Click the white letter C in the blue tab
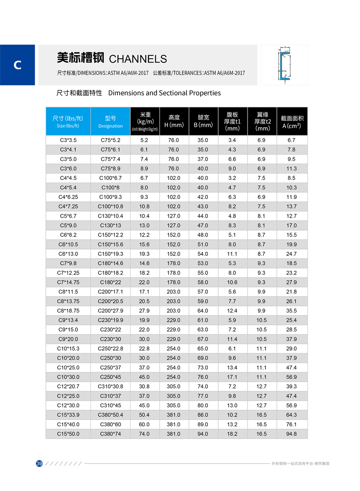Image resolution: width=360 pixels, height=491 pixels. (18, 65)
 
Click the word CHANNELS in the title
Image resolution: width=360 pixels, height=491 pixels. (138, 59)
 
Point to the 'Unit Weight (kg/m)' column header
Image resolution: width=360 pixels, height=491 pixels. (144, 121)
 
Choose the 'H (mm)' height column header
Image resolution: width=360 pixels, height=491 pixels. (174, 121)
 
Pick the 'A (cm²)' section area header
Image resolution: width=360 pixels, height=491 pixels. (292, 121)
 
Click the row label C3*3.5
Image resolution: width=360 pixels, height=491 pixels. (68, 140)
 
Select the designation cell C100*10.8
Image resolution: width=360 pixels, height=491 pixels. (110, 206)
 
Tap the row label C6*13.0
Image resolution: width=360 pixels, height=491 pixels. (68, 254)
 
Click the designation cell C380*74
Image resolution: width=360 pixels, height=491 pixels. (110, 434)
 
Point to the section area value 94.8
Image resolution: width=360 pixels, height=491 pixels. (292, 434)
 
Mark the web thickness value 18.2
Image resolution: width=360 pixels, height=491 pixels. (232, 434)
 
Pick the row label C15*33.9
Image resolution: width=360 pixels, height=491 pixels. (68, 415)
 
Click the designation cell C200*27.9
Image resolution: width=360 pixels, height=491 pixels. (110, 311)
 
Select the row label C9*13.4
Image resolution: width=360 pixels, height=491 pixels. (68, 320)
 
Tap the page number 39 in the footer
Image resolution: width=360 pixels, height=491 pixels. (39, 464)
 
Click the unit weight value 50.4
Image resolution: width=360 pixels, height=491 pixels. (144, 415)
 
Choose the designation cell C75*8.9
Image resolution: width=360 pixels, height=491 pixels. (110, 169)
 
